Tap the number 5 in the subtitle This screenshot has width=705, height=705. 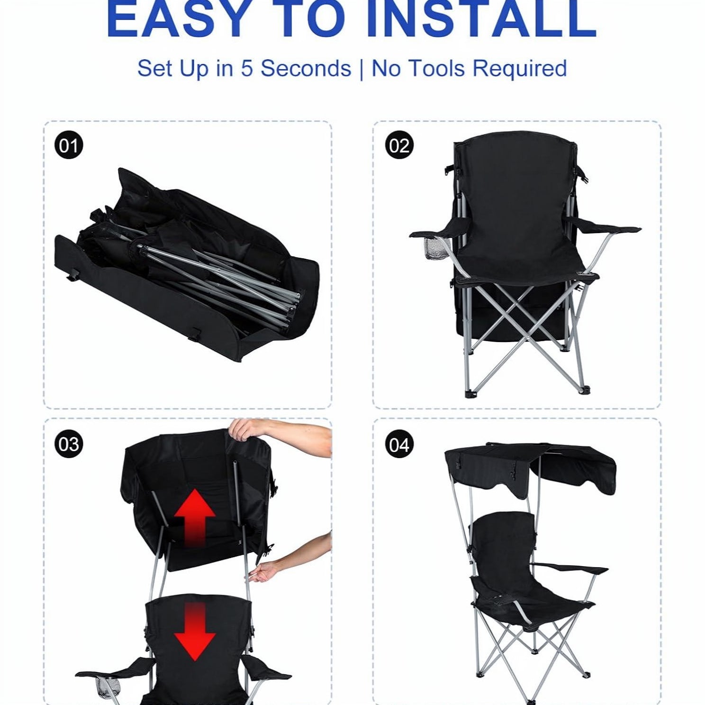(x=247, y=69)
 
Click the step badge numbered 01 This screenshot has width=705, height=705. (x=69, y=145)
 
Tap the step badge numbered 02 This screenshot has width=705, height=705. (x=399, y=145)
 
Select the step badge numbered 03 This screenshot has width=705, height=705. (x=69, y=444)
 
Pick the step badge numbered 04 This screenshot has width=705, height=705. (x=399, y=444)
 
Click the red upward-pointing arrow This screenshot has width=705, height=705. (x=195, y=517)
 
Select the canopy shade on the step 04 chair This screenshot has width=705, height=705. (x=531, y=469)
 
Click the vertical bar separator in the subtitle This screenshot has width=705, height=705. (x=361, y=70)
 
